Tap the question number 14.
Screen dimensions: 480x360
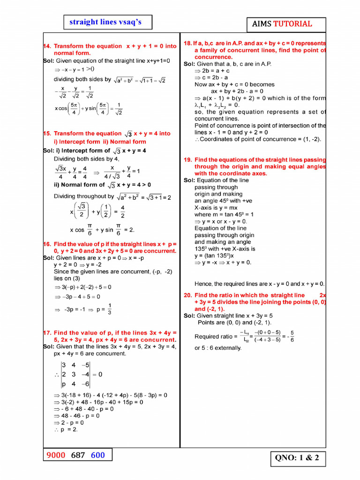pyautogui.click(x=46, y=46)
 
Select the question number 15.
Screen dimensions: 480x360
pyautogui.click(x=46, y=134)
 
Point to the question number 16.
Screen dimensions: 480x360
pyautogui.click(x=46, y=244)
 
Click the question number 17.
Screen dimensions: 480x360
pyautogui.click(x=46, y=333)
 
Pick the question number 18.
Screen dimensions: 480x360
pyautogui.click(x=188, y=43)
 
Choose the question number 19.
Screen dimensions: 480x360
pyautogui.click(x=187, y=160)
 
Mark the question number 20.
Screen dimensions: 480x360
pyautogui.click(x=187, y=295)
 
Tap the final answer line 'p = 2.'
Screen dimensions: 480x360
pyautogui.click(x=66, y=429)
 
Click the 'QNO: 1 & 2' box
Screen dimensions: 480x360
pyautogui.click(x=297, y=458)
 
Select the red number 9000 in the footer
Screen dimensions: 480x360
pyautogui.click(x=57, y=455)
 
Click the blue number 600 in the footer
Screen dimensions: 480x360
pyautogui.click(x=98, y=455)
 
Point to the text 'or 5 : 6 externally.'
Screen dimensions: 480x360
pyautogui.click(x=218, y=348)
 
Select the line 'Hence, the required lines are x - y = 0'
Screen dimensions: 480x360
pyautogui.click(x=259, y=284)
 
